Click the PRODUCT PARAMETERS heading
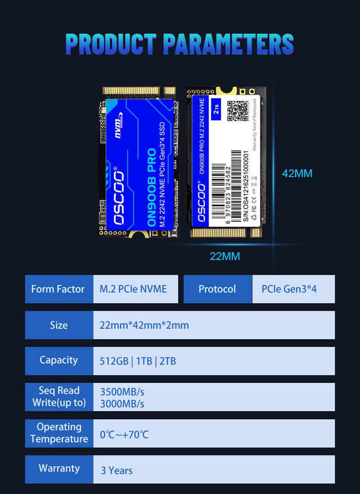tap(180, 44)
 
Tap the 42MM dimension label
tap(297, 173)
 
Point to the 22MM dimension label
tap(225, 256)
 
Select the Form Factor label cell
tap(59, 289)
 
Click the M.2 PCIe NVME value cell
tap(133, 289)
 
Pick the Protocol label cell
tap(217, 289)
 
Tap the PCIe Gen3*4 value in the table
tap(289, 289)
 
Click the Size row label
tap(59, 325)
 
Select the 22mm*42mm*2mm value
tap(144, 325)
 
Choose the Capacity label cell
tap(59, 360)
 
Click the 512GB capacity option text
tap(114, 361)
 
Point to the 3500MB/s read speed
tap(122, 392)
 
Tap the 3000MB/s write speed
tap(122, 403)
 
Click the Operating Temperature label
tap(59, 433)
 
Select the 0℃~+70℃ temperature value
tap(124, 435)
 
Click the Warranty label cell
tap(59, 468)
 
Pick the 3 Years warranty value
tap(117, 470)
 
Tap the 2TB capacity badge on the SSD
tap(216, 109)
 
